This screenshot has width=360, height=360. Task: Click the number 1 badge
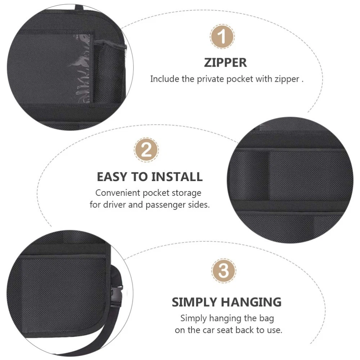pos(222,37)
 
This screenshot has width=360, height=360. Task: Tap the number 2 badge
pos(146,150)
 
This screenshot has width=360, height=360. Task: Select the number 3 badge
pos(224,270)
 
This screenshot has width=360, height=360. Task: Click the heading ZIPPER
pos(225,63)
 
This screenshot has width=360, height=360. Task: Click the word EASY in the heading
pos(112,177)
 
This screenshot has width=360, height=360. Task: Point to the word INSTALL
pos(177,177)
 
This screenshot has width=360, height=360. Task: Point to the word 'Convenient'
pos(118,193)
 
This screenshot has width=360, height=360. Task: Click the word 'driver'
pos(114,205)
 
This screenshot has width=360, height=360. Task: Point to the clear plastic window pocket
pos(80,69)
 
